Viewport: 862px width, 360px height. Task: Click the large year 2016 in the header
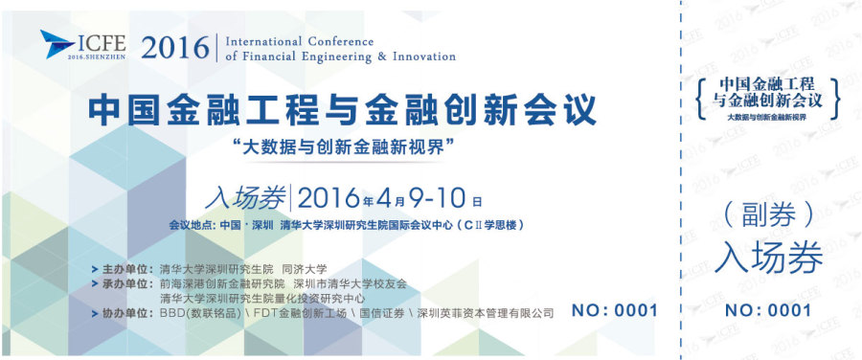(x=175, y=46)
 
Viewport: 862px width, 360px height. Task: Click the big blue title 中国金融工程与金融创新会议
(x=342, y=108)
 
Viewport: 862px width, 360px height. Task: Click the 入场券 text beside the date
(x=244, y=199)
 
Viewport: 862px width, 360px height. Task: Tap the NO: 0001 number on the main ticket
(x=614, y=310)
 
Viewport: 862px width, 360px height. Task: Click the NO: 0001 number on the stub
(x=767, y=310)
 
